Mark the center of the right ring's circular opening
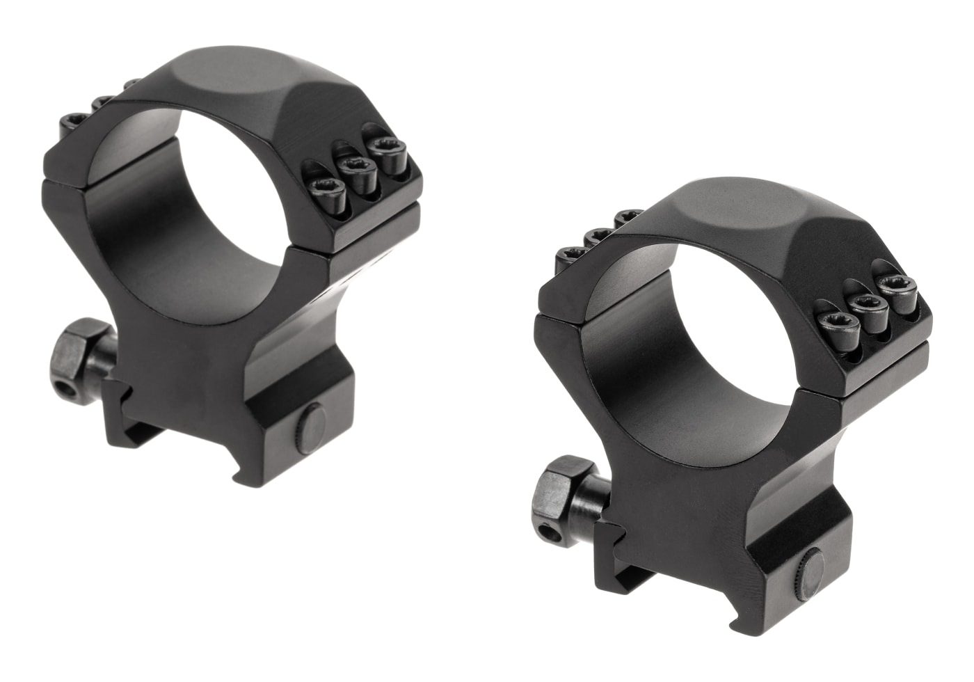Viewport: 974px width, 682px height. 689,348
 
